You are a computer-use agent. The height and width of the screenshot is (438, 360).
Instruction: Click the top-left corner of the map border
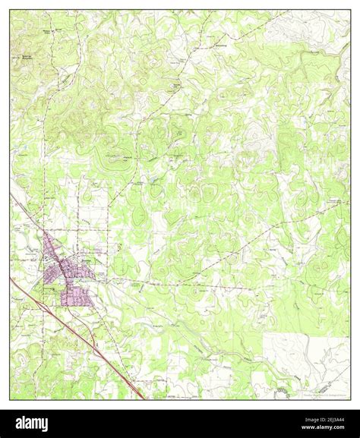10,11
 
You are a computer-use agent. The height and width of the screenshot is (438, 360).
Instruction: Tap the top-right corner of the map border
350,11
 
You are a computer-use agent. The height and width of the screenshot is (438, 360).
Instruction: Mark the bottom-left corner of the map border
10,399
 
